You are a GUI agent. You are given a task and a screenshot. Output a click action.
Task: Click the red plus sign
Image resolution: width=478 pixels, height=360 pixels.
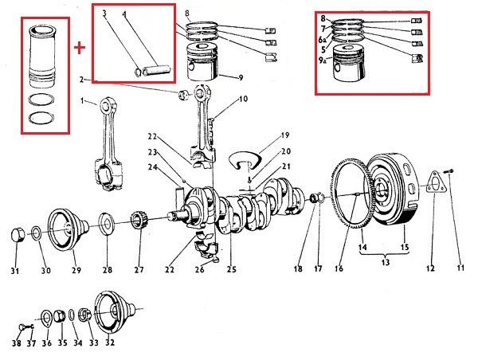80,47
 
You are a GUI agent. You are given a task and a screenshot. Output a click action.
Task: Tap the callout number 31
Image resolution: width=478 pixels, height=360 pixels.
14,271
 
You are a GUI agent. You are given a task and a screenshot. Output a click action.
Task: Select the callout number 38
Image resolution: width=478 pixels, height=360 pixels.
17,343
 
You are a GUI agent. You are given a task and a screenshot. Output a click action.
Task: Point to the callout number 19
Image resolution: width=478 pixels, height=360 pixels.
285,135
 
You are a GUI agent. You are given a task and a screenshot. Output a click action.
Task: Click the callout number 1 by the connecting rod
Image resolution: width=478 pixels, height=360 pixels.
82,100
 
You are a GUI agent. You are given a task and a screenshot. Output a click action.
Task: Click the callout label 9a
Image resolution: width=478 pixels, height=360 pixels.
322,60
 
